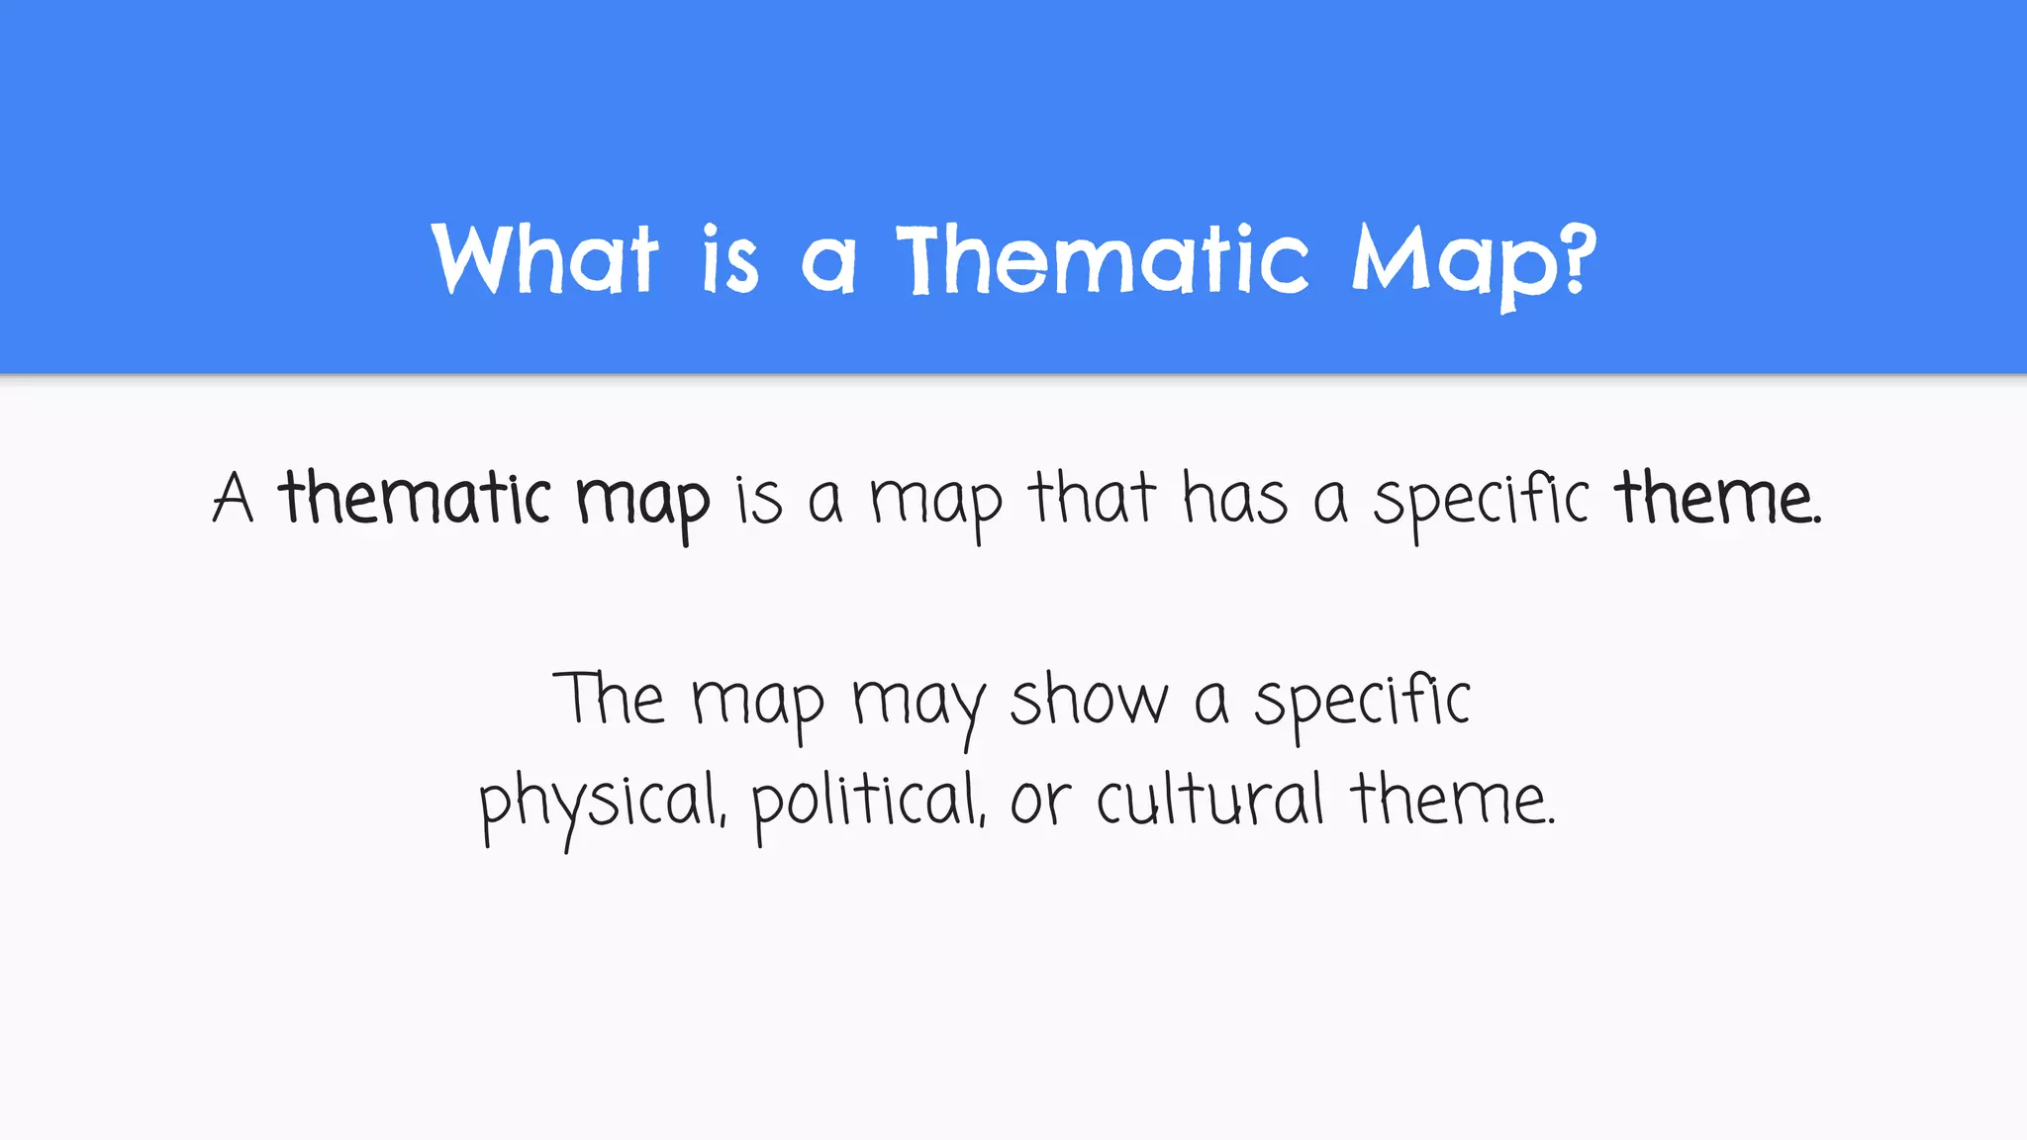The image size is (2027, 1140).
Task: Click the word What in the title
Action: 545,258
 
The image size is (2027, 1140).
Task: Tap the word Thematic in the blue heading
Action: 1103,258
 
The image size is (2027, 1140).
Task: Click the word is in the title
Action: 730,258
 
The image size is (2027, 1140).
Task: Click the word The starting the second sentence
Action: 608,699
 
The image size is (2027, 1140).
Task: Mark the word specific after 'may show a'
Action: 1362,703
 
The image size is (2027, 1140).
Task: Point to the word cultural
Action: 1209,800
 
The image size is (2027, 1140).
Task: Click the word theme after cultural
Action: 1451,800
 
